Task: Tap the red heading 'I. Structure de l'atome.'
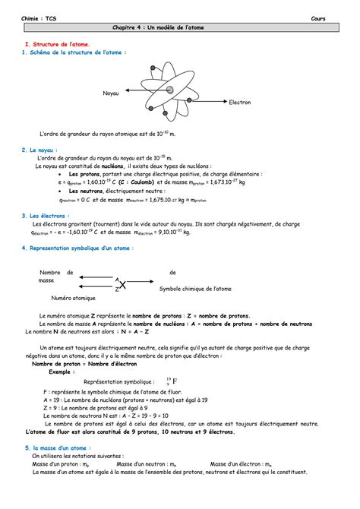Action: coord(58,45)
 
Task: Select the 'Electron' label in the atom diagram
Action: coord(239,101)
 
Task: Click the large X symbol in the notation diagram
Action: coord(122,284)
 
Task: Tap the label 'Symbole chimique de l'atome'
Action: coord(195,289)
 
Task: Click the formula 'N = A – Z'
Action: coord(134,331)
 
